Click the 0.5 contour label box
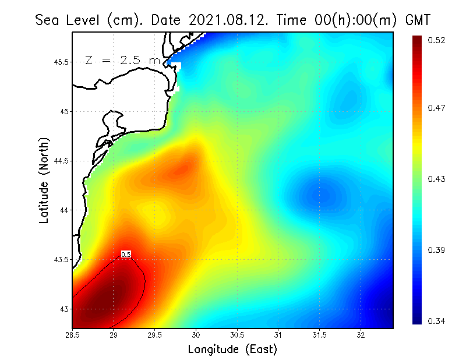pos(126,254)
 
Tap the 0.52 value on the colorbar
pos(437,40)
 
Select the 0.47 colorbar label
pos(437,108)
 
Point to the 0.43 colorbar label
pos(437,179)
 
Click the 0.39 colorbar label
pos(437,250)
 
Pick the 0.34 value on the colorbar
pos(437,321)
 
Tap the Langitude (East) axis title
pos(232,350)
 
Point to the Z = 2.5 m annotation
pos(122,60)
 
